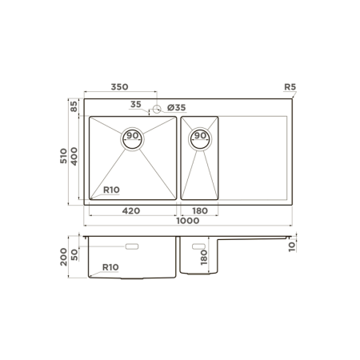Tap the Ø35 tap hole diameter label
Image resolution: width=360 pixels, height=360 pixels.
coord(175,108)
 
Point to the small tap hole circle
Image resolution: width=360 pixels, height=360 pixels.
coord(158,108)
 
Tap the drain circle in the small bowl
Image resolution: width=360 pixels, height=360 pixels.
coord(200,137)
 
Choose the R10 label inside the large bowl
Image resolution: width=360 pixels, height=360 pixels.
coord(111,190)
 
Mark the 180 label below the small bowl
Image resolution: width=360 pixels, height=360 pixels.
coord(199,210)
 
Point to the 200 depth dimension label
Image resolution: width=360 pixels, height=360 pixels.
coord(65,257)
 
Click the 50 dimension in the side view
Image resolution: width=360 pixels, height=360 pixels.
coord(74,254)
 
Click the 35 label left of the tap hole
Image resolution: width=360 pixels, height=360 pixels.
coord(135,104)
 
